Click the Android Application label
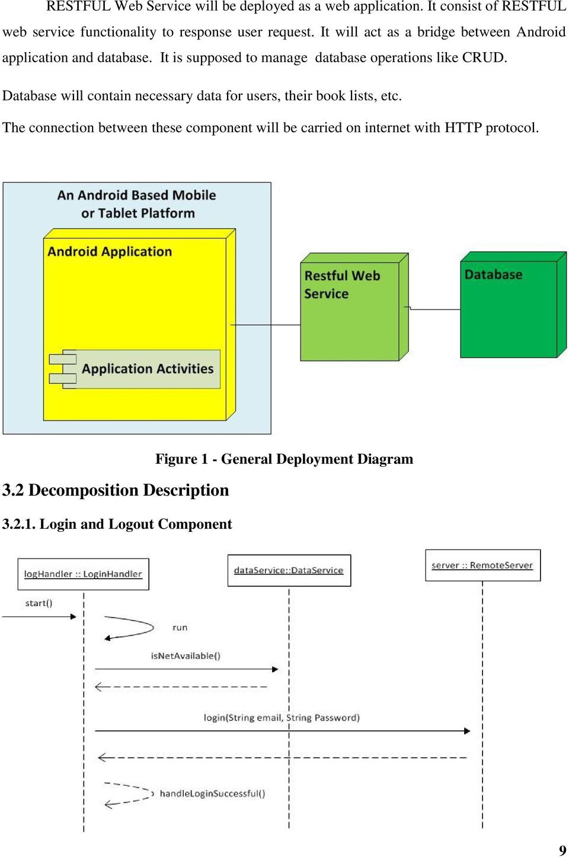(x=110, y=252)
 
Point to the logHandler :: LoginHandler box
(x=83, y=574)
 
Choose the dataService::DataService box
(x=289, y=570)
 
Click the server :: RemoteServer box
(x=482, y=566)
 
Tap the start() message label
(x=39, y=604)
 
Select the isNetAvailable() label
(x=186, y=656)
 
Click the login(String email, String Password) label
(x=282, y=718)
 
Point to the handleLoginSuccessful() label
(x=212, y=794)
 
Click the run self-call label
(x=180, y=628)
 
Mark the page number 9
(x=562, y=850)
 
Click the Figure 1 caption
(x=284, y=459)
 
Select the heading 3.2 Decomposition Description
(x=116, y=490)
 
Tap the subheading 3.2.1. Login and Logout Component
(x=117, y=524)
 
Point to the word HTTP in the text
(x=463, y=128)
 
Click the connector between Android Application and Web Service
(x=266, y=325)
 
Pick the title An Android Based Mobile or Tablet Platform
(x=137, y=204)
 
